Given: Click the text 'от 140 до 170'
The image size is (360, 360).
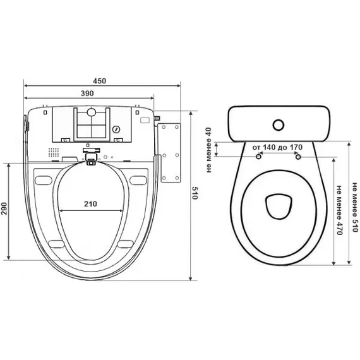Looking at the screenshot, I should (278, 147).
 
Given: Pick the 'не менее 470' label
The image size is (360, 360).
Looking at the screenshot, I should (339, 213).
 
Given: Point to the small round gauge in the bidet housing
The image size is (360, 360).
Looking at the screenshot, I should (116, 129).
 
